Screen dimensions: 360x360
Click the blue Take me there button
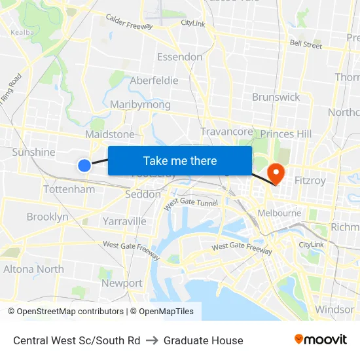pos(180,160)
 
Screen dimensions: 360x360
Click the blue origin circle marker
pos(84,166)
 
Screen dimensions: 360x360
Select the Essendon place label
pos(179,57)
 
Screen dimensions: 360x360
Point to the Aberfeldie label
pos(154,81)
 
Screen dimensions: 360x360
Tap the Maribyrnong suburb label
pos(140,105)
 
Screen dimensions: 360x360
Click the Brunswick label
pos(276,97)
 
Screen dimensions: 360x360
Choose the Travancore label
pos(226,132)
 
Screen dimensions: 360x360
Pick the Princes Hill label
pos(286,134)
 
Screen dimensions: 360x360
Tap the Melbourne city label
pos(279,213)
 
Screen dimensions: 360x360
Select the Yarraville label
pos(124,221)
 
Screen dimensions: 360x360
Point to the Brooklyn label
pos(47,217)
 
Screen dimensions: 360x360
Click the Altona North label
pos(33,269)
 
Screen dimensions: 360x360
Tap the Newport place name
pos(122,283)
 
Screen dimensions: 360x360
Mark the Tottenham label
pos(69,189)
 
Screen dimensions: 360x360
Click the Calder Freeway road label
pos(129,23)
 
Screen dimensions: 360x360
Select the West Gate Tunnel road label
pos(190,204)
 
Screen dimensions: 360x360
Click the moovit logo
pos(321,339)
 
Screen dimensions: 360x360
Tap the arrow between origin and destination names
pos(152,340)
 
